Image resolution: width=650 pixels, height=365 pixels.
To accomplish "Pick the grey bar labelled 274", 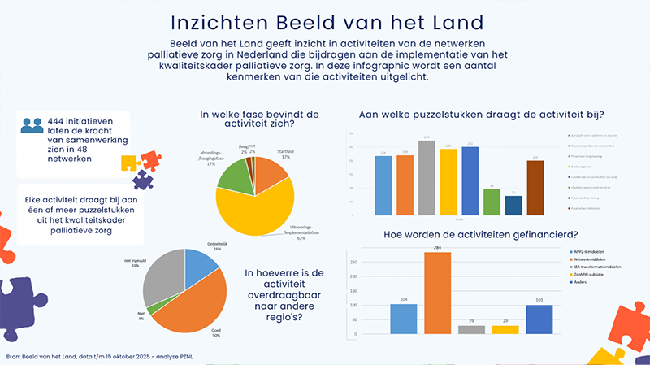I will [426, 179].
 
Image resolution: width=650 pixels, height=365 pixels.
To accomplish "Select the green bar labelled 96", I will [492, 203].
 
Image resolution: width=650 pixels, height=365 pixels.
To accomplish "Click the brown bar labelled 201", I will [535, 189].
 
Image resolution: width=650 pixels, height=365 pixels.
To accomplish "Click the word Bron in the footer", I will [14, 355].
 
